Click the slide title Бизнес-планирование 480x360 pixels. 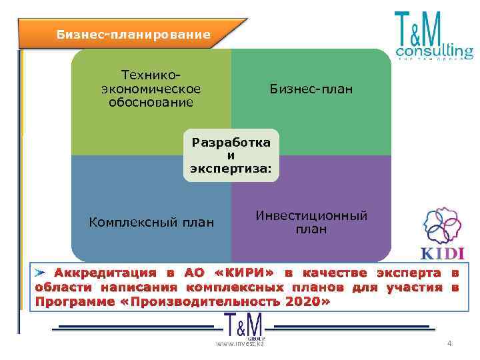[x=133, y=34]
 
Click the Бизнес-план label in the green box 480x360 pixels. [x=311, y=89]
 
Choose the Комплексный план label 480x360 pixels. [x=151, y=223]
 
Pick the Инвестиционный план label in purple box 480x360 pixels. [x=311, y=223]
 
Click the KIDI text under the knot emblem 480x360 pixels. [x=443, y=253]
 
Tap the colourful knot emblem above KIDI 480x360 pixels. [x=443, y=227]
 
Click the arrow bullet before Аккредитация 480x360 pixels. [x=42, y=273]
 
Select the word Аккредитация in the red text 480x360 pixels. [x=105, y=273]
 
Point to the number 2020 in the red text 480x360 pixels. [x=303, y=301]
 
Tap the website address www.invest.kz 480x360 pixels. [x=239, y=344]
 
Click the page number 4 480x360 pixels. [x=449, y=343]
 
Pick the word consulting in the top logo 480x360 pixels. [x=434, y=50]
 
